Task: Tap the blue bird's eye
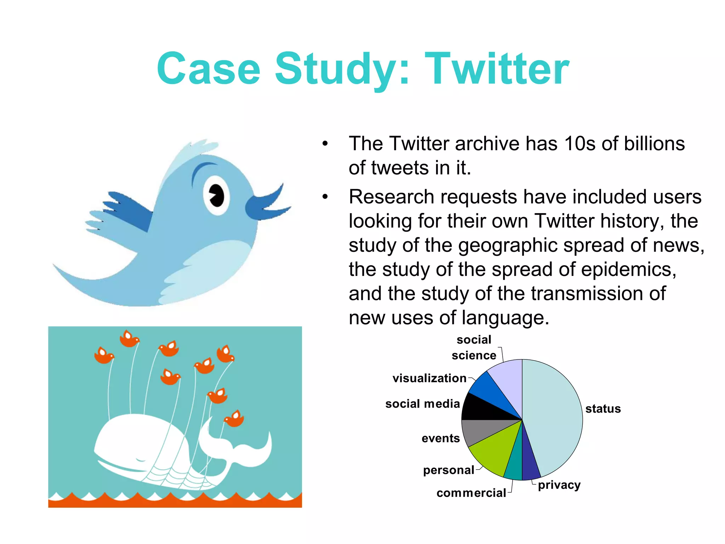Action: coord(216,194)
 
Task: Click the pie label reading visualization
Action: coord(429,378)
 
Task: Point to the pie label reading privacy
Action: coord(559,485)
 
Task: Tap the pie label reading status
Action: coord(603,409)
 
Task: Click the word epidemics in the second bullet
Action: coord(628,270)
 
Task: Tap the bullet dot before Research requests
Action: coord(325,197)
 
